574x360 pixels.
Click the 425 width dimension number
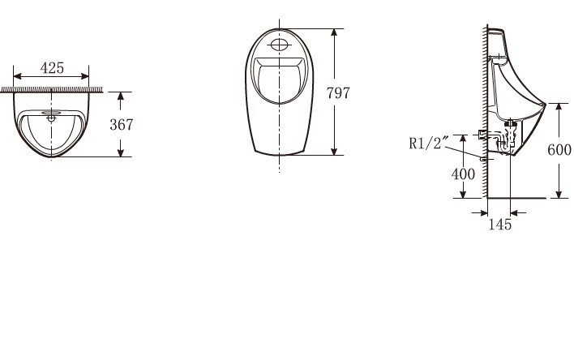click(53, 68)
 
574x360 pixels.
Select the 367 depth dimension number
click(122, 125)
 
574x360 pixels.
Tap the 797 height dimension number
click(338, 93)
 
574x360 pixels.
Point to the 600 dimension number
click(559, 150)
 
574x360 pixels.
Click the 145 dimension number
click(499, 225)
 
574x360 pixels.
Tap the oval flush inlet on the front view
click(279, 44)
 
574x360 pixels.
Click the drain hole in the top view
click(51, 117)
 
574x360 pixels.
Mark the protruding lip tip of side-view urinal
click(546, 104)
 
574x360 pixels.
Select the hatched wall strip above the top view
click(52, 89)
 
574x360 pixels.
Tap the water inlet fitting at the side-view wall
click(484, 134)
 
